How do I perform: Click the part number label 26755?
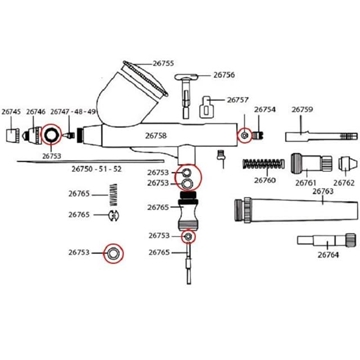click(x=163, y=63)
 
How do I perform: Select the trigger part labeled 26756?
click(x=187, y=95)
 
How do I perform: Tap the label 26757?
click(x=238, y=100)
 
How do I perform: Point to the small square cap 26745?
click(x=13, y=135)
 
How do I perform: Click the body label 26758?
click(x=156, y=136)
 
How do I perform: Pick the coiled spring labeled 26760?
click(x=264, y=164)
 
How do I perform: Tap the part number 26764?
click(x=328, y=255)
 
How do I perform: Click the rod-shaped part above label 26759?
click(x=321, y=136)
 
